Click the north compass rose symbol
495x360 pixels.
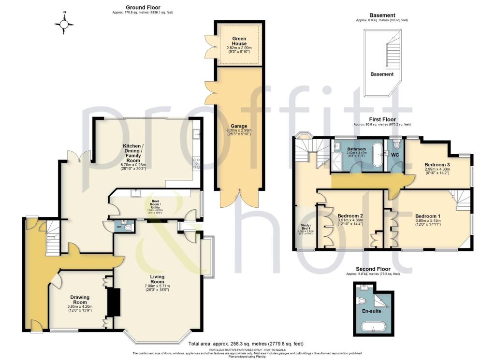[64, 24]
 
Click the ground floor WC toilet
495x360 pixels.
[127, 227]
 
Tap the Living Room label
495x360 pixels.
[157, 279]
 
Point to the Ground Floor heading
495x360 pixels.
[143, 7]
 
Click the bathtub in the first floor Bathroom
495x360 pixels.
[377, 154]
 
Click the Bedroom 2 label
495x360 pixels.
[350, 216]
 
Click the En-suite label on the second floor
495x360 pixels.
[371, 311]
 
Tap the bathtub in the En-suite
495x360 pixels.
[373, 330]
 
